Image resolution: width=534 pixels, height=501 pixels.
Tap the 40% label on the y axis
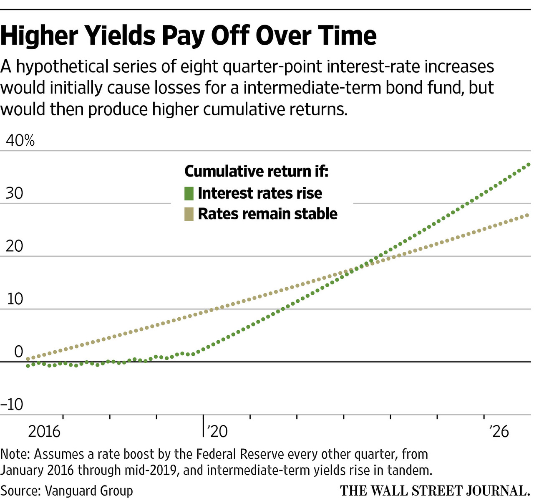pyautogui.click(x=20, y=141)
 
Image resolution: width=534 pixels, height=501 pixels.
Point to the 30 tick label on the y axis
pyautogui.click(x=15, y=193)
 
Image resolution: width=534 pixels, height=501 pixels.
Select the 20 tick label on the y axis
pyautogui.click(x=15, y=246)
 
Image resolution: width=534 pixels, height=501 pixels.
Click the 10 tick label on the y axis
pyautogui.click(x=15, y=299)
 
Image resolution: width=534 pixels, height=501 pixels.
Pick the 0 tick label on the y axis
pyautogui.click(x=18, y=352)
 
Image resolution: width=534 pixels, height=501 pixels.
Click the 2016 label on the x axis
pyautogui.click(x=44, y=431)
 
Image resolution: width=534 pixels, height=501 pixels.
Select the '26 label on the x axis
pyautogui.click(x=499, y=431)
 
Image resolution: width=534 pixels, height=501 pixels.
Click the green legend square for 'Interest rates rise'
pyautogui.click(x=189, y=193)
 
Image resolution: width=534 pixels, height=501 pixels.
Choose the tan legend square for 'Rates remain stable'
pyautogui.click(x=189, y=214)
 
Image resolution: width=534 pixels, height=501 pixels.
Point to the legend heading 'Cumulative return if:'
pyautogui.click(x=256, y=171)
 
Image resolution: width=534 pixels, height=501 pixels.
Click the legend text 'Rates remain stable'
pyautogui.click(x=267, y=214)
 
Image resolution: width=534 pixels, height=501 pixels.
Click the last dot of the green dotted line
pyautogui.click(x=529, y=164)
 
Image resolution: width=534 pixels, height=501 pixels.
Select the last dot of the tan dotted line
pyautogui.click(x=528, y=215)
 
